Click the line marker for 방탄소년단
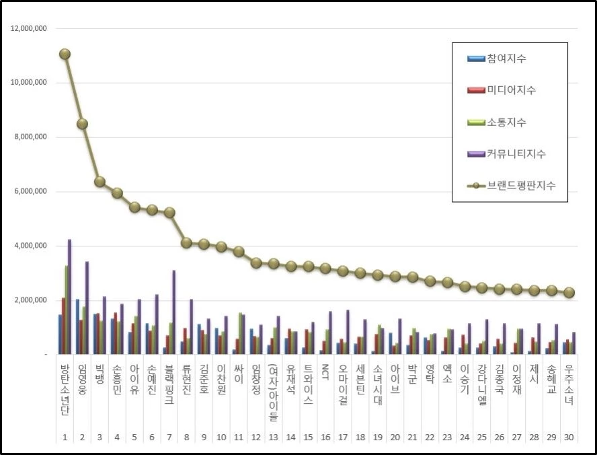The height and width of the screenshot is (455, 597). point(65,54)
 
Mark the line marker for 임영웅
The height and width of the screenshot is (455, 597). point(82,124)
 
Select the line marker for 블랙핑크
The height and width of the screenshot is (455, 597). point(169,212)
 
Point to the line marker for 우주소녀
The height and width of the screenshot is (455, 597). point(569,292)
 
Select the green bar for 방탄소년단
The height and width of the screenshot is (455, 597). point(67,310)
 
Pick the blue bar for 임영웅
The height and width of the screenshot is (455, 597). point(77,326)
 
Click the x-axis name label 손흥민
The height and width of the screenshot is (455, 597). point(117,380)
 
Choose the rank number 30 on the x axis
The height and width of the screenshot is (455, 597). point(569,438)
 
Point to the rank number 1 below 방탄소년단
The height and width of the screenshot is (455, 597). point(65,438)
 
